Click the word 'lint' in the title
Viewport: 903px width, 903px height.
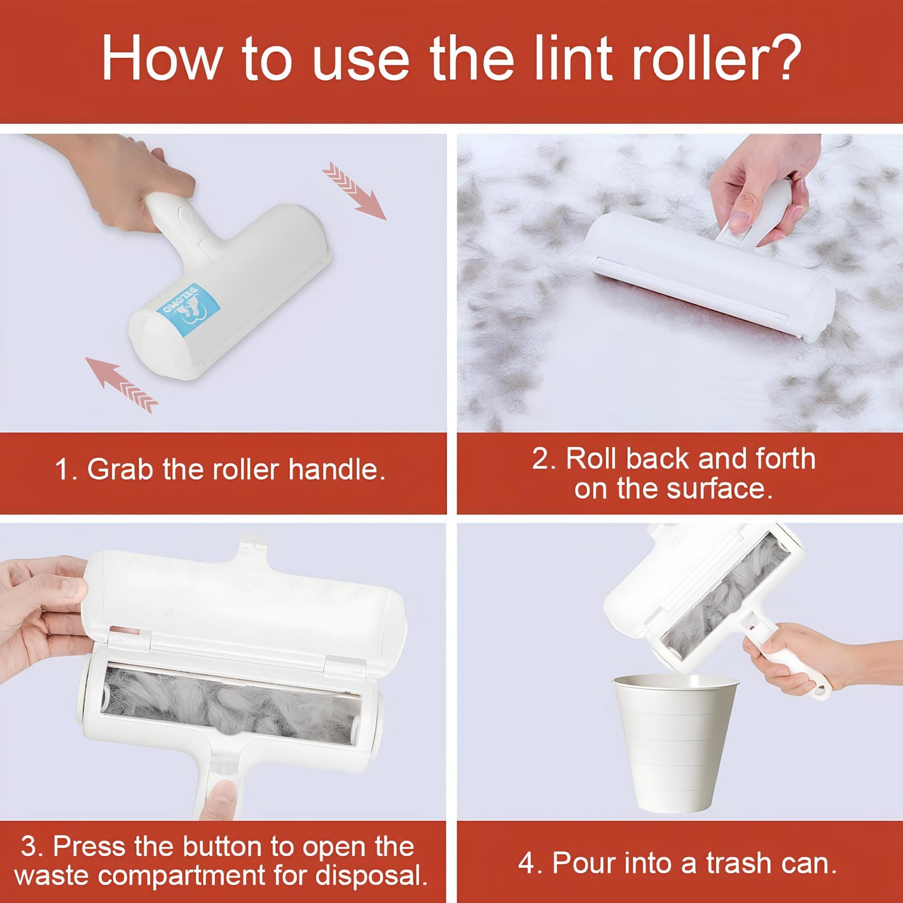coord(574,59)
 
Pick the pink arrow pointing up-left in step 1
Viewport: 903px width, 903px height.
coord(122,385)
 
